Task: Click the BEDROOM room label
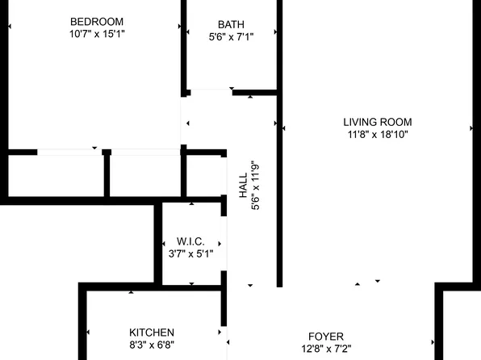[x=97, y=21]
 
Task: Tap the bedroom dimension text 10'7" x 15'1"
[x=97, y=34]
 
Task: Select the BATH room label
[x=231, y=24]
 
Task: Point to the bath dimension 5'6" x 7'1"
[x=231, y=36]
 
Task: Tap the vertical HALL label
[x=243, y=186]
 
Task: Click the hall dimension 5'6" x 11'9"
[x=257, y=186]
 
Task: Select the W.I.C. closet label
[x=190, y=241]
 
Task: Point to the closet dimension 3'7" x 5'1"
[x=190, y=254]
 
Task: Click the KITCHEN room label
[x=152, y=333]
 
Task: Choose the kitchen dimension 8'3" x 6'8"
[x=152, y=345]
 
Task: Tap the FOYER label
[x=326, y=337]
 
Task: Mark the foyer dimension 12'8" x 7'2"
[x=326, y=350]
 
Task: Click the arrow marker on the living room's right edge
[x=471, y=128]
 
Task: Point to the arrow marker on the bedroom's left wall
[x=9, y=27]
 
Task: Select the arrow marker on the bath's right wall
[x=276, y=31]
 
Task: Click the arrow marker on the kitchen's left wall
[x=88, y=333]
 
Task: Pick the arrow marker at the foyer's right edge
[x=433, y=343]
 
